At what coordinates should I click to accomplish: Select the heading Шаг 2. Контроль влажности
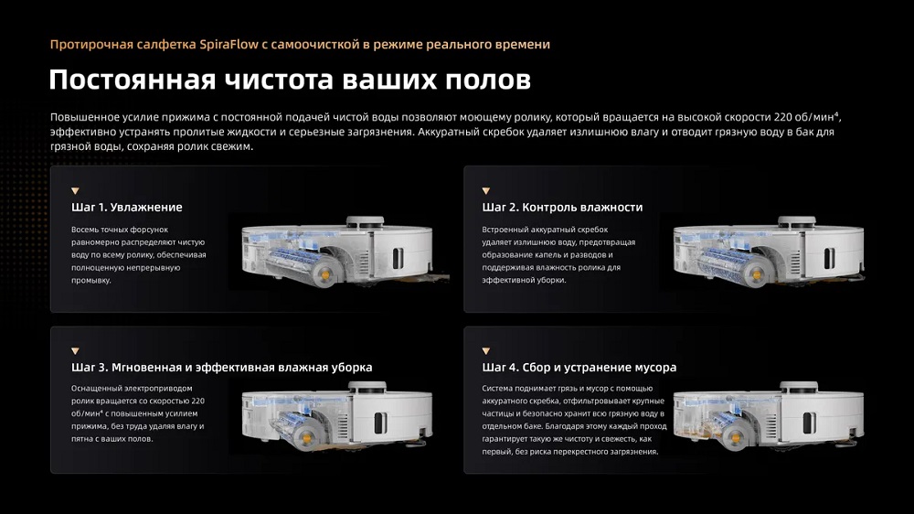coord(562,208)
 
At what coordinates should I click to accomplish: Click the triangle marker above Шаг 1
coord(75,190)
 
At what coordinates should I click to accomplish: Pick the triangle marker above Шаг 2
coord(486,190)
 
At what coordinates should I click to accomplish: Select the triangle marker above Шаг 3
coord(75,350)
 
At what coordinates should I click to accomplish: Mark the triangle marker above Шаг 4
coord(486,350)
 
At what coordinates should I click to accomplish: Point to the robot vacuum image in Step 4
coord(768,409)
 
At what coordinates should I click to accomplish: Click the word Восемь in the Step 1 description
coord(88,230)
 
